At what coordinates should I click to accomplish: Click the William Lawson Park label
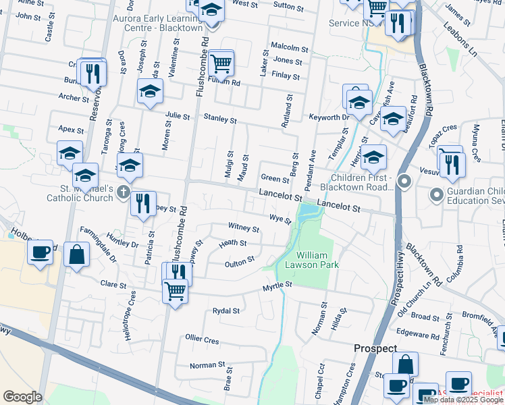coord(317,260)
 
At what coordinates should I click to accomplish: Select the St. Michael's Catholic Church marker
coord(123,192)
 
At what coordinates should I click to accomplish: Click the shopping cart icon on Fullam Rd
coord(221,64)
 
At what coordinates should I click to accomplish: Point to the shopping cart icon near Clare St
coord(175,291)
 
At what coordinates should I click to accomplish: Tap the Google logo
coord(22,397)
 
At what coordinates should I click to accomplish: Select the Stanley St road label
coord(220,120)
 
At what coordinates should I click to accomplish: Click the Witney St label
coord(244,226)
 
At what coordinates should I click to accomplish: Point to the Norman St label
coord(207,365)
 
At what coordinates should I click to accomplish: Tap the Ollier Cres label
coord(203,339)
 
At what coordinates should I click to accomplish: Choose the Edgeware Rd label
coord(413,333)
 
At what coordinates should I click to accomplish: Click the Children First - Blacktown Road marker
coord(404,181)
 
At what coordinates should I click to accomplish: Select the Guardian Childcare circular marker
coord(437,196)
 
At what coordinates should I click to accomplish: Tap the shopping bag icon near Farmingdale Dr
coord(77,254)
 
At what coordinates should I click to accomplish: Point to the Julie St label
coord(178,115)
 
